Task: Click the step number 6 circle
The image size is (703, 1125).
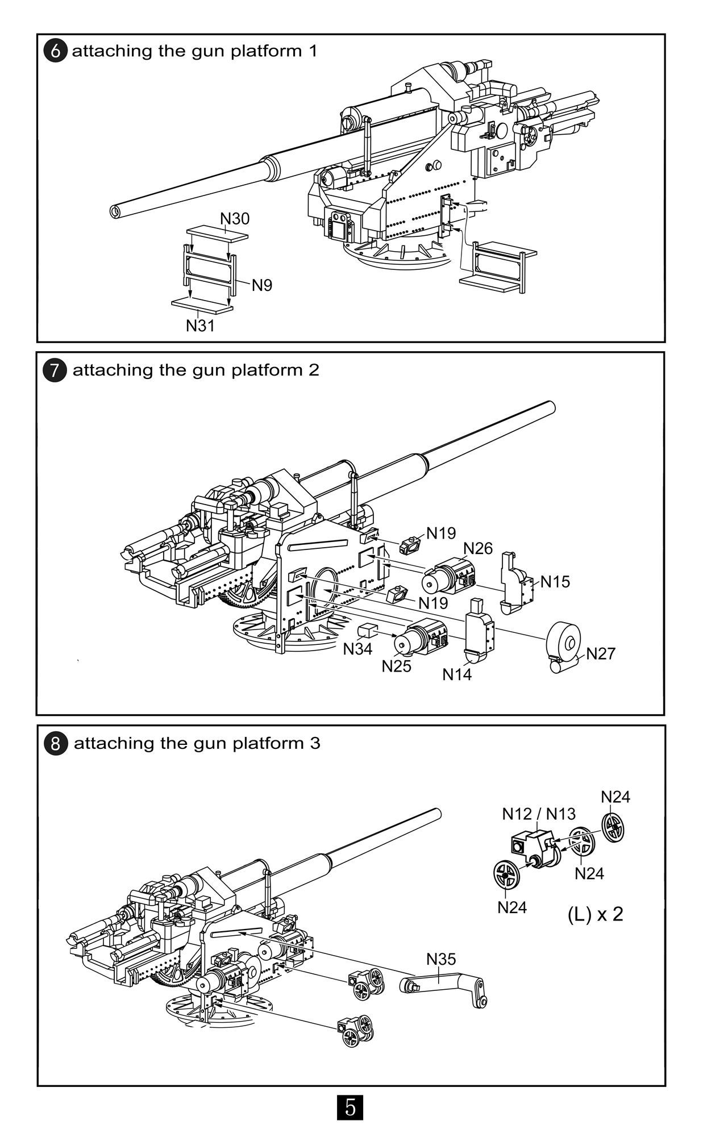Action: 56,51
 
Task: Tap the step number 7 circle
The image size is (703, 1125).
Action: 55,370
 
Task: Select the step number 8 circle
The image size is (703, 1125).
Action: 56,744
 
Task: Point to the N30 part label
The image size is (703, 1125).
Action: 234,219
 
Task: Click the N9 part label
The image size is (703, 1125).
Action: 262,285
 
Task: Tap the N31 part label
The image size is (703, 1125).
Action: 200,326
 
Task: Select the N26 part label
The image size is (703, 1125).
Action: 478,548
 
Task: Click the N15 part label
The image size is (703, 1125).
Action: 555,582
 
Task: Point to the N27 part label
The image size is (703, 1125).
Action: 601,653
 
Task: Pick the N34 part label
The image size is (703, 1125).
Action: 357,648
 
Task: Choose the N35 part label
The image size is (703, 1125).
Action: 441,959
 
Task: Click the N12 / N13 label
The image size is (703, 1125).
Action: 539,814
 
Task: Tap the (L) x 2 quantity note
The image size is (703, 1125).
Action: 595,914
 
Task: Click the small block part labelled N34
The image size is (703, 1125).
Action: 368,631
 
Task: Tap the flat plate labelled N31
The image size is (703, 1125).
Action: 202,306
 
